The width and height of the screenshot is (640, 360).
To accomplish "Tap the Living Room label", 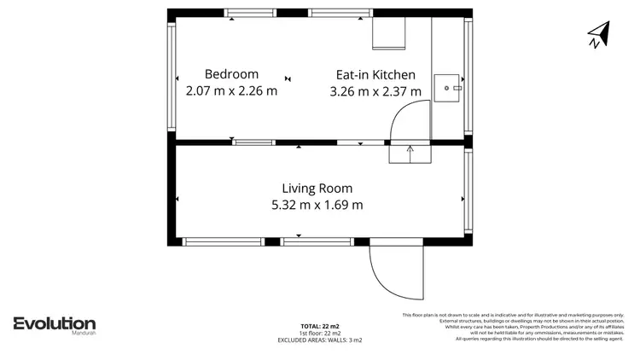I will pos(317,189).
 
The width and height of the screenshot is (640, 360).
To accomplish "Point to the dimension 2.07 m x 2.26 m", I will pos(231,90).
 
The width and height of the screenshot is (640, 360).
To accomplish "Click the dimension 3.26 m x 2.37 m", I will pos(375,90).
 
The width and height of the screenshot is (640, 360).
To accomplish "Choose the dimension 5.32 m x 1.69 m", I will pos(317,205).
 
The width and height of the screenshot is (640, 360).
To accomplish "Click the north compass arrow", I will pos(599,34).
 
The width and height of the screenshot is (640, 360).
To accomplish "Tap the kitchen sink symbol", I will pos(447,87).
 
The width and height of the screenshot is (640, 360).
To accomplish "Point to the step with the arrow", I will pos(410,154).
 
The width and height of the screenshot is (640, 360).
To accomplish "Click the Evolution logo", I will pos(54,323).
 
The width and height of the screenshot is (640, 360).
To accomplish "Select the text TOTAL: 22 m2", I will pos(320,327).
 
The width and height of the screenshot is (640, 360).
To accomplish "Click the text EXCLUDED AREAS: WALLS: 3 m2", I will pos(320,340).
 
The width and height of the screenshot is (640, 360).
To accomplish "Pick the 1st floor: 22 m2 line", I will pos(320,334).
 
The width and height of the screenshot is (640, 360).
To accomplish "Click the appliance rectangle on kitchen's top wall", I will pos(388,34).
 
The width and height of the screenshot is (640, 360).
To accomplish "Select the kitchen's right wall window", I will pos(468,77).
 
